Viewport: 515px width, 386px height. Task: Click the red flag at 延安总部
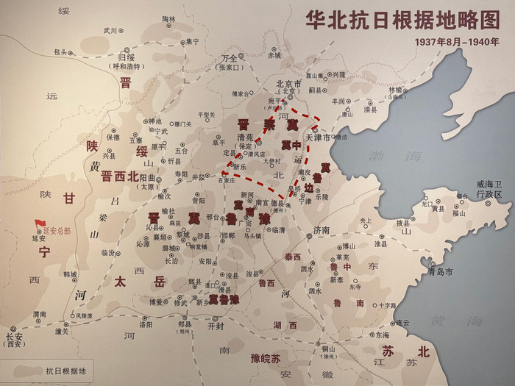coord(40,222)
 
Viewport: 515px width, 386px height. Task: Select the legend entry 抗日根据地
coord(65,371)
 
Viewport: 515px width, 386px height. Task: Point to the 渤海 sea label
coord(407,156)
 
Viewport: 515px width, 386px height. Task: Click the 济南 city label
coord(322,229)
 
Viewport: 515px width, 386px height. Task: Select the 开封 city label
coord(216,324)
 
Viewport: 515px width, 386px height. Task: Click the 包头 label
coord(60,51)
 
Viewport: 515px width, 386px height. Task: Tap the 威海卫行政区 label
coord(488,189)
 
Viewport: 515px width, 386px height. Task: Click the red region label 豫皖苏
coord(266,358)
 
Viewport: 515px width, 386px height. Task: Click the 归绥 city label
coord(127,55)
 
